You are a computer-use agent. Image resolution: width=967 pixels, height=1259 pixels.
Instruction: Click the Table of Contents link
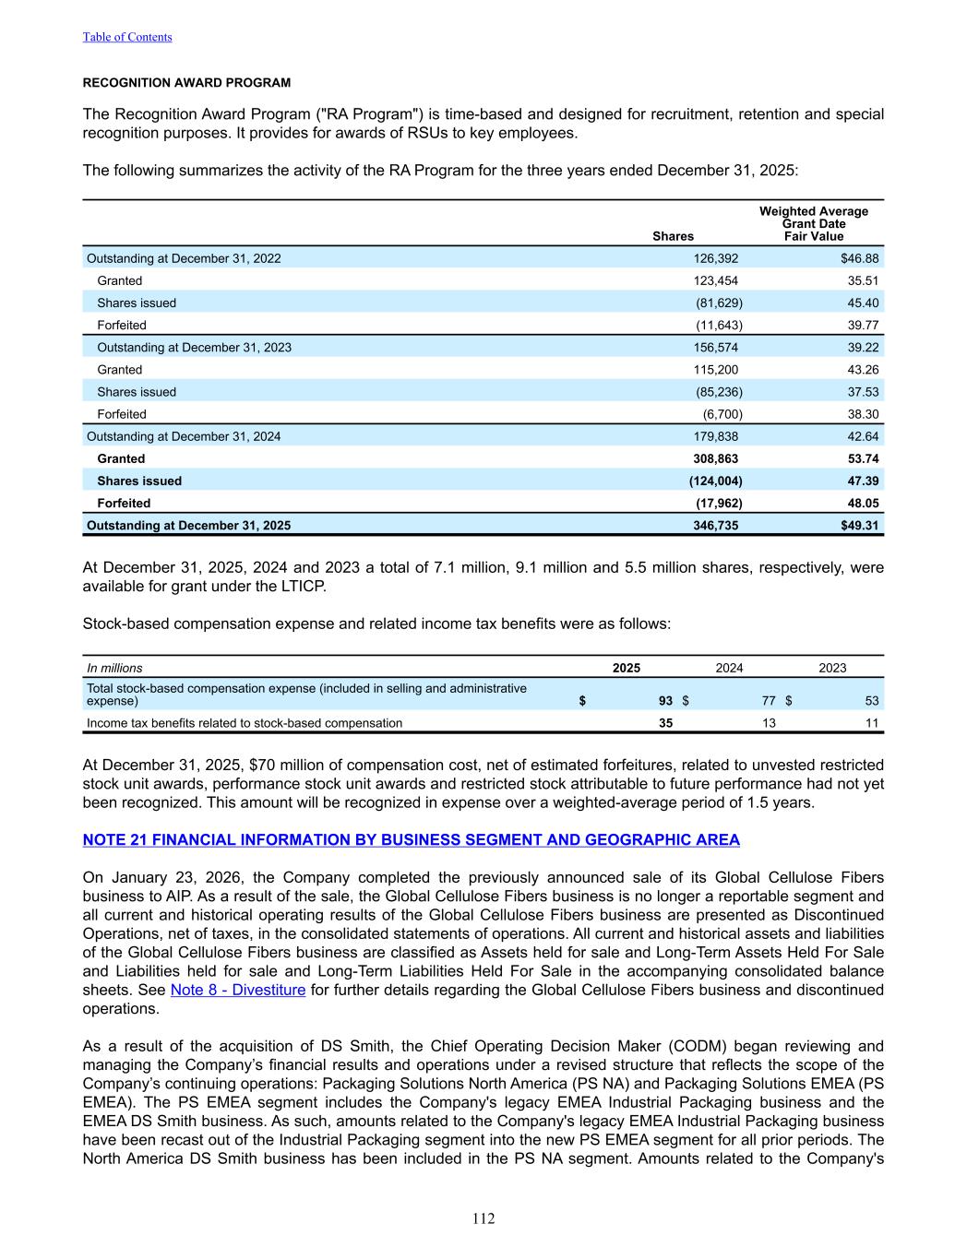point(127,37)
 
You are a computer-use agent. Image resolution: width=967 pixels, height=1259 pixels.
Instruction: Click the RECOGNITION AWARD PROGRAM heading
point(186,83)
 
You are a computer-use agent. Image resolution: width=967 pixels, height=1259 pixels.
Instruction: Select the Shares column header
point(673,236)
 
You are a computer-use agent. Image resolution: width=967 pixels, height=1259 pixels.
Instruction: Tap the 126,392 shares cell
point(715,258)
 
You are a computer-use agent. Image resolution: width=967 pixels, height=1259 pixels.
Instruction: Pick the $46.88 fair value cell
point(859,258)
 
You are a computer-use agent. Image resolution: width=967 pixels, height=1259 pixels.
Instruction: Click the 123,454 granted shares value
point(715,280)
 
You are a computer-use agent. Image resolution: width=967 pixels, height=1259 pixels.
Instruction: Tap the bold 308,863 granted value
point(715,458)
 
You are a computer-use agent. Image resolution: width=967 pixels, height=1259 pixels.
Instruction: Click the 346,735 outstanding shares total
point(715,526)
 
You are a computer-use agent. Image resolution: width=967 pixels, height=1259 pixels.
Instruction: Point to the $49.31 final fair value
point(859,526)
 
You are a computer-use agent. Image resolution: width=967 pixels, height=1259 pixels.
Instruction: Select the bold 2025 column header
point(627,668)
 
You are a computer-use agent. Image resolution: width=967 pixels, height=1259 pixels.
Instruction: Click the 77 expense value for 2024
point(769,701)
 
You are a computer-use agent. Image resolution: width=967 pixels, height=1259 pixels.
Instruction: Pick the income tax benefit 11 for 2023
point(872,723)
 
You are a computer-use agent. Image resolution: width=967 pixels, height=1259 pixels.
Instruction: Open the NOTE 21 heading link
point(411,839)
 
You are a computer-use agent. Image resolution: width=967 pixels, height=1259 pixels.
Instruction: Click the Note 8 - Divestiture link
point(238,990)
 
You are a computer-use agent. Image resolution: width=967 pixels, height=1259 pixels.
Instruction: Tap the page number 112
point(483,1219)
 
